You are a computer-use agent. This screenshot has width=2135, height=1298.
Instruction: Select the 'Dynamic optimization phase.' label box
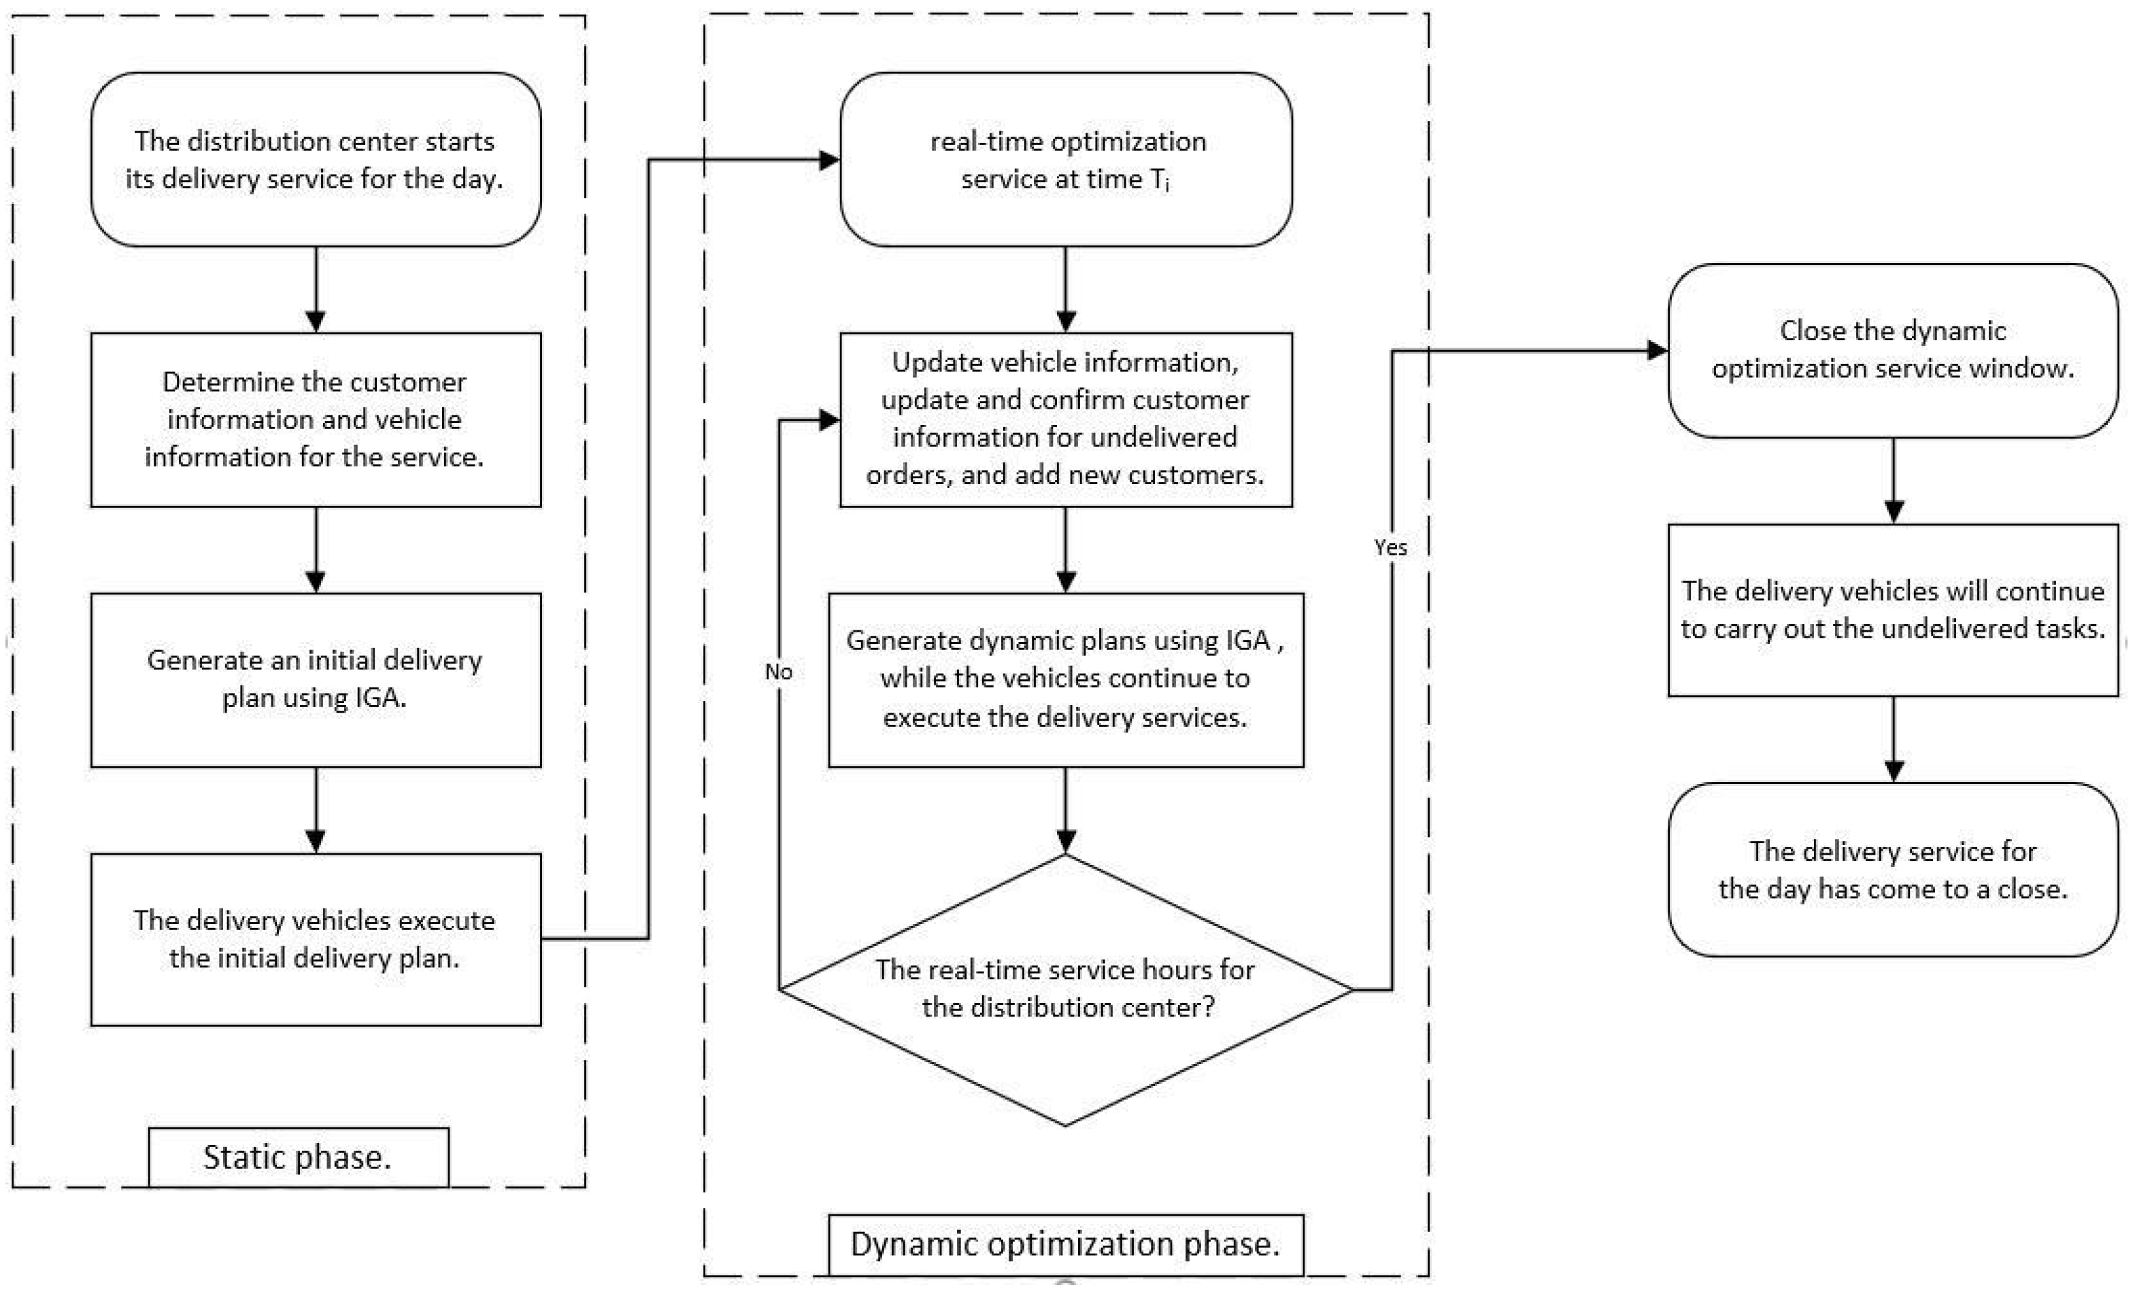coord(1065,1244)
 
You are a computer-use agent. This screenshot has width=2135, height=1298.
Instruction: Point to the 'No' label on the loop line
coord(778,672)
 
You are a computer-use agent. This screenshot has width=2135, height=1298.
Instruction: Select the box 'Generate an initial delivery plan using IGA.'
coord(316,679)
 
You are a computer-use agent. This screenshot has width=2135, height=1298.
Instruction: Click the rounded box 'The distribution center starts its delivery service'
coord(316,159)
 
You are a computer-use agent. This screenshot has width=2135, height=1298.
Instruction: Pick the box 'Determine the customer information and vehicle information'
coord(316,420)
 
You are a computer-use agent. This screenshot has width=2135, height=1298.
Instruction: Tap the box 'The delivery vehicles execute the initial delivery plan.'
coord(316,939)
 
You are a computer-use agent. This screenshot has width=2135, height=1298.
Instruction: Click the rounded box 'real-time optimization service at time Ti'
coord(1065,159)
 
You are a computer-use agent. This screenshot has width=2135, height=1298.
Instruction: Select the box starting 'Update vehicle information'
coord(1065,420)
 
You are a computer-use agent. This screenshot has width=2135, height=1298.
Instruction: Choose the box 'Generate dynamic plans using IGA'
coord(1065,679)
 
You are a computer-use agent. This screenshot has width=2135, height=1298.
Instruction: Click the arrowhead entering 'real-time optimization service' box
coord(829,159)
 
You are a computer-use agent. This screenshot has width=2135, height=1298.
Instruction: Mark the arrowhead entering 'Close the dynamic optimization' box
coord(1658,350)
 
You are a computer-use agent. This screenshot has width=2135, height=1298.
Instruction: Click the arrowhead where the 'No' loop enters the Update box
coord(829,420)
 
